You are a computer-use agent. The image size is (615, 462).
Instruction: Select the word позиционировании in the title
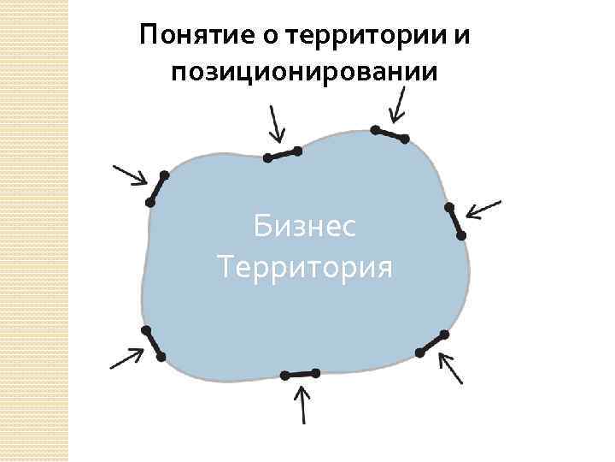coord(306,72)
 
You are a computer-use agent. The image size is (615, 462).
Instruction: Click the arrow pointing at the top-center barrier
coord(275,125)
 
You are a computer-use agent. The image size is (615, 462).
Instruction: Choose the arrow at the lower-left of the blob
coord(126,358)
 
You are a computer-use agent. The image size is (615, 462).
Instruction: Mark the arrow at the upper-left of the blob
coord(129,175)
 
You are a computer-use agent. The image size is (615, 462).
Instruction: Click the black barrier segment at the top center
coord(283,154)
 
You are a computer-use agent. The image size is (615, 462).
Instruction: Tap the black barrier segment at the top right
coord(389,133)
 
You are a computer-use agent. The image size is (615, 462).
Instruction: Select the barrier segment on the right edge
coord(456,221)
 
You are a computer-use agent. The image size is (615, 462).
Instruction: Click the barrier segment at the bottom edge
coord(300,374)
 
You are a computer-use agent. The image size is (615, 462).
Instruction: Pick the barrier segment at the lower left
coord(154,344)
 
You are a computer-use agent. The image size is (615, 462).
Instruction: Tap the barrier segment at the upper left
coord(157,188)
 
